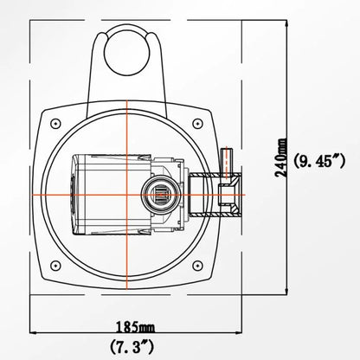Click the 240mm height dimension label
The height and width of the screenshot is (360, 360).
click(280, 160)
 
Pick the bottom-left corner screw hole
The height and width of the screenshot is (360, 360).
click(56, 264)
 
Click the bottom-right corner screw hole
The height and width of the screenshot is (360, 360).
click(198, 264)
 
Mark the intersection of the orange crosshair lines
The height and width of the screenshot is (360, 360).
click(127, 192)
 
